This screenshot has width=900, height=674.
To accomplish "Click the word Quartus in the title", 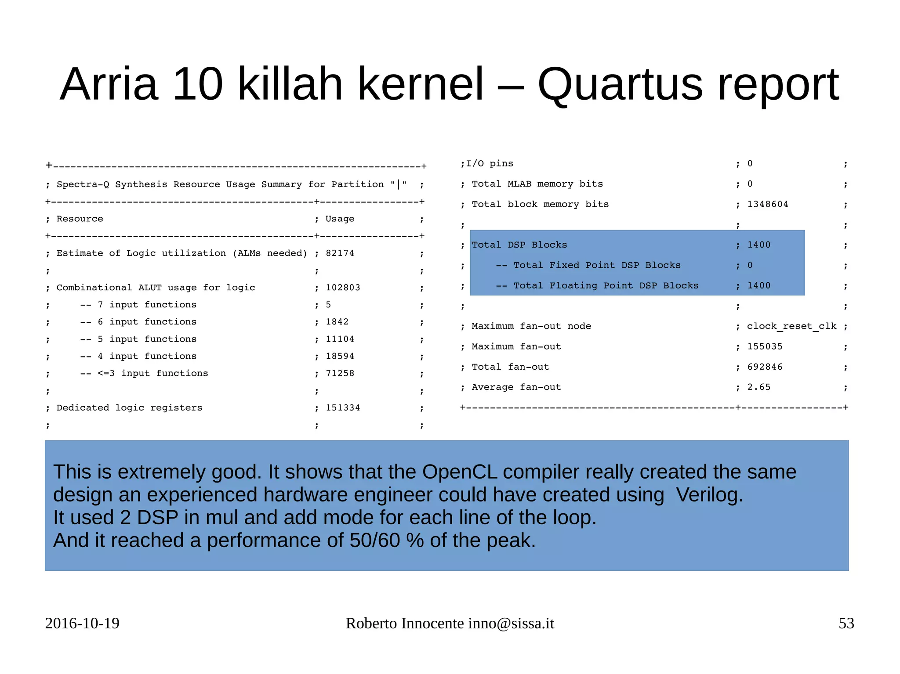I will click(620, 84).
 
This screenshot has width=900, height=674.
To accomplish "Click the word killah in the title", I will click(290, 84).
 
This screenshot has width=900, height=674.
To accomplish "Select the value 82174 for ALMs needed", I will click(340, 253).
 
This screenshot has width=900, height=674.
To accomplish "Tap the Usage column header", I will click(340, 219).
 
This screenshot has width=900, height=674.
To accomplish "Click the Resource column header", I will click(80, 219).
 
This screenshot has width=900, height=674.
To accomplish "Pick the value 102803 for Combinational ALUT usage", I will click(343, 288).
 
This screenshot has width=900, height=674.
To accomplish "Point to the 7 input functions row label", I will click(147, 305).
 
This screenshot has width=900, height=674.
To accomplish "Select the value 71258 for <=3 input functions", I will click(340, 374).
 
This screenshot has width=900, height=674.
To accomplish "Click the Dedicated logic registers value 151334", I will click(343, 408).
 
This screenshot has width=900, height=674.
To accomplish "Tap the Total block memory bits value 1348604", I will click(768, 205).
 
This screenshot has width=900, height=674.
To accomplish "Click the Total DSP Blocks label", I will click(519, 245).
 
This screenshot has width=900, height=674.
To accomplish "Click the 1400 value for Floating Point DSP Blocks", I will click(759, 286).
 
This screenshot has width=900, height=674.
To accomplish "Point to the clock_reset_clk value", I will click(791, 326).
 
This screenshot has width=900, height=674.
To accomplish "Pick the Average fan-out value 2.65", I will click(759, 387).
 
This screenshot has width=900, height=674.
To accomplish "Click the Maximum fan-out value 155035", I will click(765, 347).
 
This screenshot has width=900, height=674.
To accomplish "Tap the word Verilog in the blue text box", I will click(709, 495).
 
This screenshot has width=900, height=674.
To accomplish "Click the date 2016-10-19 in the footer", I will click(82, 624).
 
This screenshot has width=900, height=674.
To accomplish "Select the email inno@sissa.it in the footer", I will click(511, 624).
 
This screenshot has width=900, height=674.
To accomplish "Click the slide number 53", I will click(846, 624).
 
